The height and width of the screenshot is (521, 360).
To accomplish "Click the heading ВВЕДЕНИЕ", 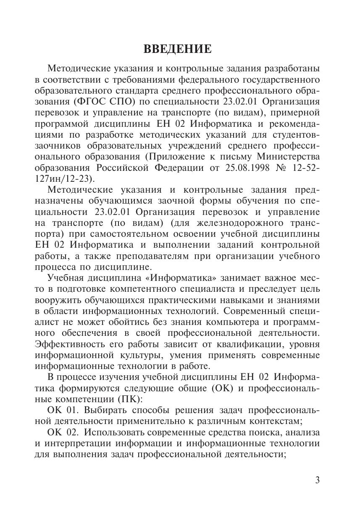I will (x=178, y=50).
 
